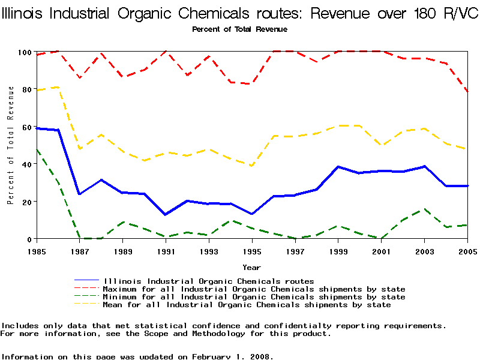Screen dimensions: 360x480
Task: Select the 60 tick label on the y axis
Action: click(25, 127)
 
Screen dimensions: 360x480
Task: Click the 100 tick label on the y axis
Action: click(23, 52)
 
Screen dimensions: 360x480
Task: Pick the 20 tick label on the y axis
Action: click(25, 202)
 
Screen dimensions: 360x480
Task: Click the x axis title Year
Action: click(251, 267)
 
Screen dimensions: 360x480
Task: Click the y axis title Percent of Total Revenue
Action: click(11, 145)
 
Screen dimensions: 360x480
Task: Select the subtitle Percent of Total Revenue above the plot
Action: click(239, 29)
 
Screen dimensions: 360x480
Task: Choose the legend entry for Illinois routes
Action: click(208, 281)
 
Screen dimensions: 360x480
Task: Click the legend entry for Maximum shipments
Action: click(254, 289)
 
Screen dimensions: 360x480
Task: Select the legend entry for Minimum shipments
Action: click(254, 297)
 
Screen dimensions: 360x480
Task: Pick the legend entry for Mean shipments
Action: click(247, 305)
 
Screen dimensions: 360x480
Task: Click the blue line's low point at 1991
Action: click(166, 214)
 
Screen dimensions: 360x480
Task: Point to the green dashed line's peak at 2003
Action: click(424, 209)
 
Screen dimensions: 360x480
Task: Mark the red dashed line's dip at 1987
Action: click(79, 78)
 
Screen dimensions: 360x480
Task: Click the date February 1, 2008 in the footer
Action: click(232, 356)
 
